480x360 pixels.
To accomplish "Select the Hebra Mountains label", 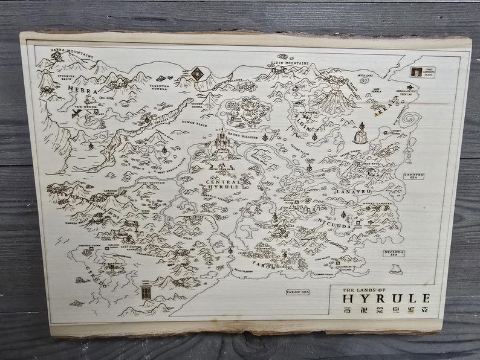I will tap(73, 53).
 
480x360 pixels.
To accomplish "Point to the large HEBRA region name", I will tap(82, 88).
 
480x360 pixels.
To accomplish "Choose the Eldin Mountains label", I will tap(290, 62).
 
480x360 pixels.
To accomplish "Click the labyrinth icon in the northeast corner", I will tap(416, 72).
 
